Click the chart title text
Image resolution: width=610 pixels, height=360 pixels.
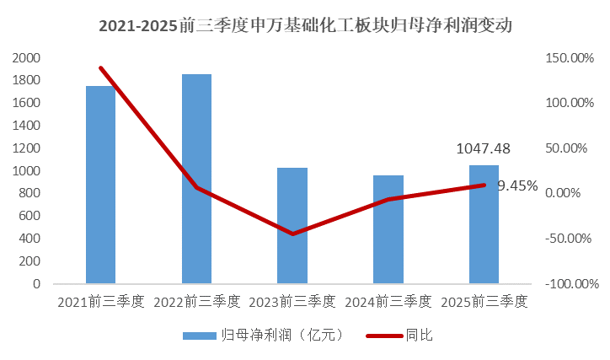[x=305, y=25]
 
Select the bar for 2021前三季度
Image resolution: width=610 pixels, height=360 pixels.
[x=100, y=185]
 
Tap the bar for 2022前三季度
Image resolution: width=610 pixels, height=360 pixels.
[x=196, y=179]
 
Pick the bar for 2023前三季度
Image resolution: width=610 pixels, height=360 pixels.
[x=292, y=226]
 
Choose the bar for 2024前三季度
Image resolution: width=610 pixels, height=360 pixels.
[x=388, y=229]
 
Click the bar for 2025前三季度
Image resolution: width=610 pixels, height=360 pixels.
[x=484, y=224]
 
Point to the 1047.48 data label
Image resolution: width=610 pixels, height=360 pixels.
[x=483, y=148]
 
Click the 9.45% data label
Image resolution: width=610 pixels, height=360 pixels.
[x=516, y=186]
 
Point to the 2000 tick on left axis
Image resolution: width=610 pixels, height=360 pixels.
[x=26, y=58]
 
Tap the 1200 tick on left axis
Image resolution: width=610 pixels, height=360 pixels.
[x=26, y=148]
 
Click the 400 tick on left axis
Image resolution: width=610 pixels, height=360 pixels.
[x=30, y=239]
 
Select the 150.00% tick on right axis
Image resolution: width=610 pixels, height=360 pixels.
[x=571, y=58]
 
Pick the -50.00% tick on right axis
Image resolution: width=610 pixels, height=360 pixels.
[x=571, y=239]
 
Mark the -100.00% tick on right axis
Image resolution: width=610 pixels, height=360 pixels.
[x=571, y=284]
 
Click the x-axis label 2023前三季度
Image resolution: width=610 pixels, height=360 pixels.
[x=292, y=301]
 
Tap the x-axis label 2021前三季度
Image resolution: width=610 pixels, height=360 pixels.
[x=100, y=301]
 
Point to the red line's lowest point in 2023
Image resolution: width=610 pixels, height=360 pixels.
[x=292, y=234]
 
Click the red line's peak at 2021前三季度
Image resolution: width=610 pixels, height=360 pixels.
[x=100, y=67]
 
